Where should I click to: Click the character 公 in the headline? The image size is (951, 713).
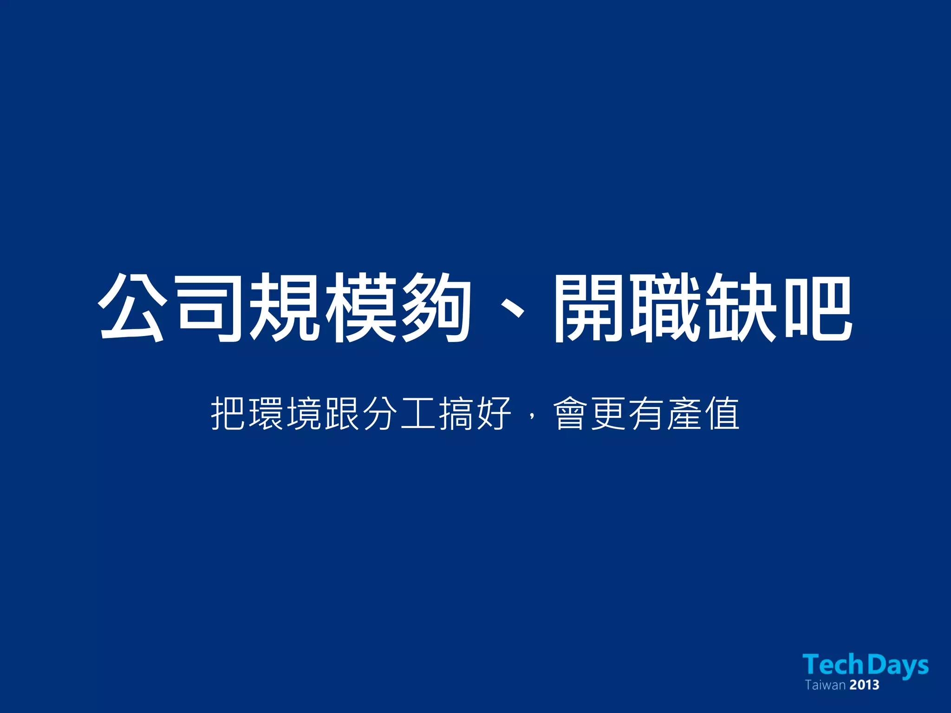(x=132, y=307)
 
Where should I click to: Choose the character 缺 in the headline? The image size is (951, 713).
(x=741, y=307)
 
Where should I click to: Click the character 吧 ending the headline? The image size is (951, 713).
(x=817, y=307)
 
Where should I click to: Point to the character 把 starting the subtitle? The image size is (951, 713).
(x=228, y=413)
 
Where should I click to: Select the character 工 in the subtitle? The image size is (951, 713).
(x=418, y=413)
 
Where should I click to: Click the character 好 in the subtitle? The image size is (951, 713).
(x=494, y=413)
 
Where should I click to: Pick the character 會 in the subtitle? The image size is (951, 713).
(x=570, y=413)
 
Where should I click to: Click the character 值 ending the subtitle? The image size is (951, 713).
(x=722, y=413)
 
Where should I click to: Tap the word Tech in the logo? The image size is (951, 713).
(x=833, y=664)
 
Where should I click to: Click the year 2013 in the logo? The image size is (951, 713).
(x=865, y=685)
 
